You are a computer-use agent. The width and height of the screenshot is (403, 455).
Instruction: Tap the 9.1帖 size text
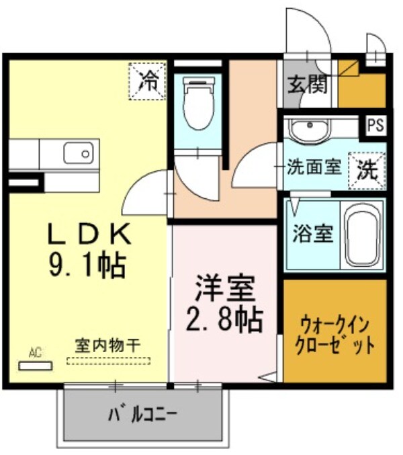(x=87, y=265)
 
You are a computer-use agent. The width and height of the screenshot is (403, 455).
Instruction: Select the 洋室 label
(x=226, y=289)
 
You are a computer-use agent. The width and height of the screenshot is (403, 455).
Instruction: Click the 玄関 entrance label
(x=308, y=85)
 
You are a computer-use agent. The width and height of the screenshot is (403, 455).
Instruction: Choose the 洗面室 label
(x=314, y=165)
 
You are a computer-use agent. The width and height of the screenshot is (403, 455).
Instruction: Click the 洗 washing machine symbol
(x=367, y=169)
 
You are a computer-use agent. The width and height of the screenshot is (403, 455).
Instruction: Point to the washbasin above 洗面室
(x=308, y=128)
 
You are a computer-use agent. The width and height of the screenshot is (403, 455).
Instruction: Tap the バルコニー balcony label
(x=143, y=414)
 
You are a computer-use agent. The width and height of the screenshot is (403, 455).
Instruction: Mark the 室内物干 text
(x=107, y=345)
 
